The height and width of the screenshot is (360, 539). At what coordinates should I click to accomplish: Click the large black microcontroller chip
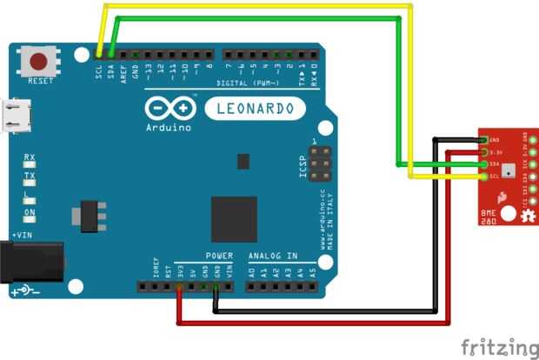point(234,218)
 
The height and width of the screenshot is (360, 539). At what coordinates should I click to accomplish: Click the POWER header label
point(219,256)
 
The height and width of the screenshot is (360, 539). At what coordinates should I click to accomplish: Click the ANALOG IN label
point(273,256)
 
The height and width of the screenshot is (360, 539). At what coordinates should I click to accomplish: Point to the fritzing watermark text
point(498,347)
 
